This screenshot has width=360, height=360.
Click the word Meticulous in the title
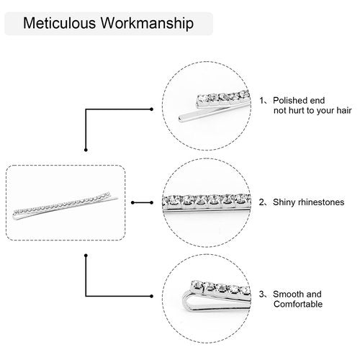pos(59,23)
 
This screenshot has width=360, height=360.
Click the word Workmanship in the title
pos(147,24)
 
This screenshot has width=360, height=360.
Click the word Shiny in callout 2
pos(284,202)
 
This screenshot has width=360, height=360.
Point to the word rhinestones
pos(321,202)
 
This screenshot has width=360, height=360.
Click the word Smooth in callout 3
pos(288,294)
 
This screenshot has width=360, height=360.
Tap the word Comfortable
pos(298,304)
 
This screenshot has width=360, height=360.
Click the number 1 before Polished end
pos(261,101)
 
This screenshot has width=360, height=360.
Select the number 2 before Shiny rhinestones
pos(261,202)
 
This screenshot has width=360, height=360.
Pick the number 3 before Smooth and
pos(261,294)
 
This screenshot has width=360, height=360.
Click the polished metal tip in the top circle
pos(181,118)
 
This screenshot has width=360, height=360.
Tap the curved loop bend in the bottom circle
pos(185,301)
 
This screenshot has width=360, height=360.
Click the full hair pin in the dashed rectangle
pos(66,206)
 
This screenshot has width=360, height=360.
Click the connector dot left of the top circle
pos(151,109)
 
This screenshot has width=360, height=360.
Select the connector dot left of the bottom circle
pos(151,296)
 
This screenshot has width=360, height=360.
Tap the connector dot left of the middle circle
pos(151,202)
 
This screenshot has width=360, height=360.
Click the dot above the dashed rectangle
pos(86,150)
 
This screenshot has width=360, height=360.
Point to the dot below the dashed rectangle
pos(86,256)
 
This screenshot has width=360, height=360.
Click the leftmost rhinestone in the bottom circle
pos(197,286)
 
